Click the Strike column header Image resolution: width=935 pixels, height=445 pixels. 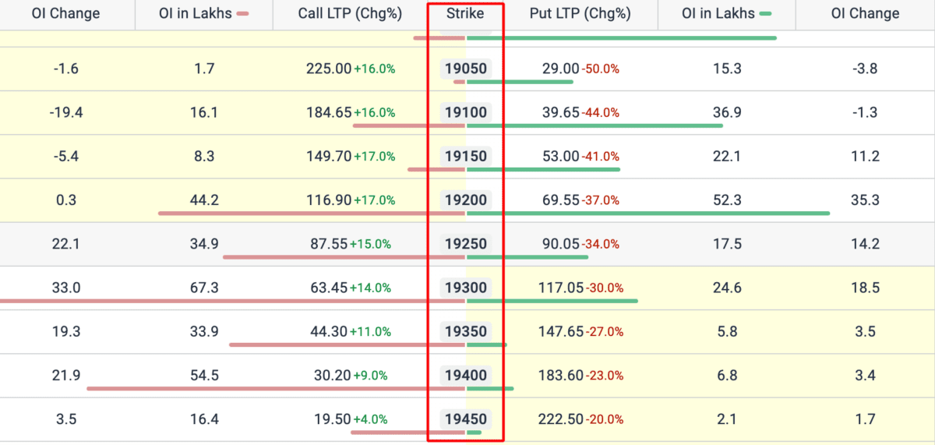(465, 13)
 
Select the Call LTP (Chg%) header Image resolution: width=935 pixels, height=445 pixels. (350, 13)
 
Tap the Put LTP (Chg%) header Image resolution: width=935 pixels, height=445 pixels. (580, 13)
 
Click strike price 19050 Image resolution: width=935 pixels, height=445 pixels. (466, 69)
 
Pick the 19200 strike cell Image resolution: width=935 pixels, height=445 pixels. (466, 200)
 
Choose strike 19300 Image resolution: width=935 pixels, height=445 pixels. (466, 288)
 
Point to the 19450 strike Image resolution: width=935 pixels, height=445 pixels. (466, 419)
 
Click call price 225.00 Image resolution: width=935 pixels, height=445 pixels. (329, 69)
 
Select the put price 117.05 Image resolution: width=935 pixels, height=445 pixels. (560, 288)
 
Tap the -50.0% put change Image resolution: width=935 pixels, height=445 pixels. (601, 69)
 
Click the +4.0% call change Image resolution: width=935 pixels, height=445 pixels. (371, 419)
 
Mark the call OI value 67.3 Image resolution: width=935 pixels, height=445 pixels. (204, 288)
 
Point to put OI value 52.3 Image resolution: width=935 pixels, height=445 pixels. (727, 200)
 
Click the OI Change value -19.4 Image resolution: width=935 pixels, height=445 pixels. (66, 112)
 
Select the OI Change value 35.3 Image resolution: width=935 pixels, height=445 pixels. (865, 200)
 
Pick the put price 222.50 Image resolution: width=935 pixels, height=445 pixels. (560, 419)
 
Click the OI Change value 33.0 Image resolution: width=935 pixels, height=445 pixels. (66, 288)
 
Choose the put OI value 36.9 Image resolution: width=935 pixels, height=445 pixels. (727, 112)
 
